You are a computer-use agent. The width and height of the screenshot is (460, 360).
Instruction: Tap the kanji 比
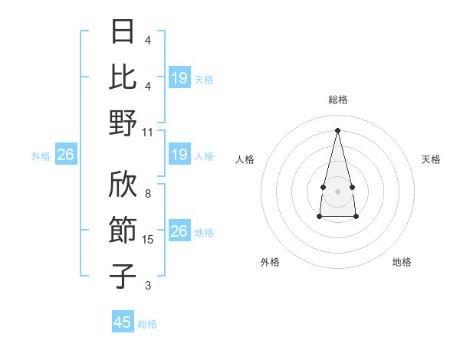(123, 77)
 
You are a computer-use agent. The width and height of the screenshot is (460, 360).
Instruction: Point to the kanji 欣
(123, 186)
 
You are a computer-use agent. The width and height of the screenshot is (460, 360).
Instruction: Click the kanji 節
(123, 231)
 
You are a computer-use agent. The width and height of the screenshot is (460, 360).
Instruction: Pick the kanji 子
(123, 276)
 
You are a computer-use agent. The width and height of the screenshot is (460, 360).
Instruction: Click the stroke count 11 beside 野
(148, 132)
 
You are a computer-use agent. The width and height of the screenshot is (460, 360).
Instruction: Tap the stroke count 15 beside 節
(148, 240)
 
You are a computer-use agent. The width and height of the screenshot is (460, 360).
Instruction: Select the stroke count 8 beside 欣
(148, 195)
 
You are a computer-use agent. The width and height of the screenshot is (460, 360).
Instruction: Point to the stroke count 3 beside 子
(148, 286)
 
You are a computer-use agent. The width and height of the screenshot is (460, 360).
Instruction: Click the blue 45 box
(123, 322)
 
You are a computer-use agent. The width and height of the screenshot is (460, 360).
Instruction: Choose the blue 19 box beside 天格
(179, 78)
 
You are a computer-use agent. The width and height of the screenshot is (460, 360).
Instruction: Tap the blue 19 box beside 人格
(179, 155)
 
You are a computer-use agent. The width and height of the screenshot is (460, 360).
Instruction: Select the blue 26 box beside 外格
(65, 155)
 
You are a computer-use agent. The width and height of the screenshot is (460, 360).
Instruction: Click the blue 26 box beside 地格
(179, 231)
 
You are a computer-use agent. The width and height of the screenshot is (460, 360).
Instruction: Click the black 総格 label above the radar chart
(337, 100)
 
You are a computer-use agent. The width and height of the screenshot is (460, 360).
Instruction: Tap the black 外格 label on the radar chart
(270, 262)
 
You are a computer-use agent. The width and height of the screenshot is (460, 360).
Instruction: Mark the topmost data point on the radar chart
(337, 129)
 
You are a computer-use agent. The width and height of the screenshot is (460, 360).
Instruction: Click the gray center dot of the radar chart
(337, 189)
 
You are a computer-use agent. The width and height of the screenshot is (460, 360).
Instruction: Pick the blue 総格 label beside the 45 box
(147, 324)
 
